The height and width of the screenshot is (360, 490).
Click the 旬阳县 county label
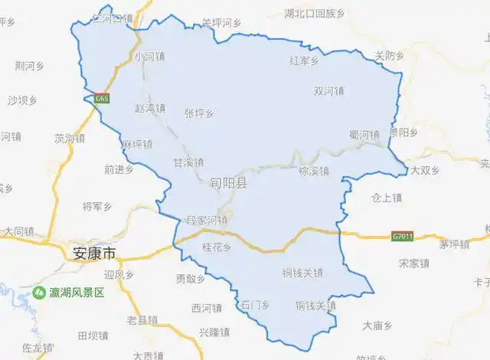click(229, 183)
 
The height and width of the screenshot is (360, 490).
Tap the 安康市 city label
click(93, 254)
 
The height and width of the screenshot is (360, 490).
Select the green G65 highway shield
click(101, 99)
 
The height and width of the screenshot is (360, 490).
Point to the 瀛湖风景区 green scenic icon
click(38, 293)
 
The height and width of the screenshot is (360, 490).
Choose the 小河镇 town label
click(149, 57)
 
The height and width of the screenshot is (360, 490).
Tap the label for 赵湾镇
click(150, 108)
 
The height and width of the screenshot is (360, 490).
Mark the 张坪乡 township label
click(199, 113)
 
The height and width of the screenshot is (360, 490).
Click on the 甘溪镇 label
click(188, 162)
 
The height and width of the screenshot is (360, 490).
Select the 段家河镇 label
click(207, 221)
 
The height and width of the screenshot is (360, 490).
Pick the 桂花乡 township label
click(215, 247)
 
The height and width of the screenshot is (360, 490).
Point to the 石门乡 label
click(255, 305)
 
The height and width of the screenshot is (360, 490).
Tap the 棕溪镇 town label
click(313, 171)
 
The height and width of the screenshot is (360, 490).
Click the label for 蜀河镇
click(364, 135)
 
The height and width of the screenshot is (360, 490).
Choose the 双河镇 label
click(328, 91)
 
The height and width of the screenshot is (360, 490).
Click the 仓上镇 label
click(387, 198)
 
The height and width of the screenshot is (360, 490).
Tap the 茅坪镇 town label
click(453, 245)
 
